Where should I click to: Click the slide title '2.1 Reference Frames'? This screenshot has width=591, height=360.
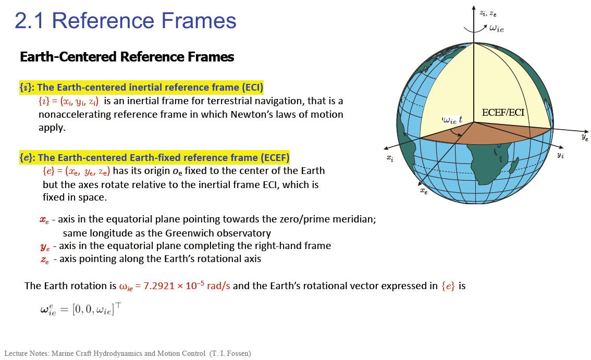[126, 20]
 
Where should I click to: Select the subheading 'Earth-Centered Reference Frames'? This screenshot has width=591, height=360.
[127, 57]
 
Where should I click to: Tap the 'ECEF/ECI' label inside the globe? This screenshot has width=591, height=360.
[503, 113]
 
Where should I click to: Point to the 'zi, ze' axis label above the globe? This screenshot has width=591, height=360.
[488, 13]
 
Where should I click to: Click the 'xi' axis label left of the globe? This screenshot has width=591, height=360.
[390, 158]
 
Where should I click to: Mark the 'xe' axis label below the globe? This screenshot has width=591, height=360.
[424, 191]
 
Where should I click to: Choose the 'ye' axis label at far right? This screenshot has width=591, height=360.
[585, 137]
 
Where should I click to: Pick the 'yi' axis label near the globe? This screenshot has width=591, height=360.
[560, 155]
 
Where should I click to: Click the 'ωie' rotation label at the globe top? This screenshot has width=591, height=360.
[496, 28]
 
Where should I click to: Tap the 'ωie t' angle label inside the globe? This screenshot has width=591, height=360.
[452, 120]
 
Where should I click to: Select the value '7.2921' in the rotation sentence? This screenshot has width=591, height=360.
[159, 285]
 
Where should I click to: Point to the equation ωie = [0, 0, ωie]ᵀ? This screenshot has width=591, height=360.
[81, 309]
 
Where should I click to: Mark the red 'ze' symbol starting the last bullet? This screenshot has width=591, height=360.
[45, 260]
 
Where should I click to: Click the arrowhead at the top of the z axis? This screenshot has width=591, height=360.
[474, 8]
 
